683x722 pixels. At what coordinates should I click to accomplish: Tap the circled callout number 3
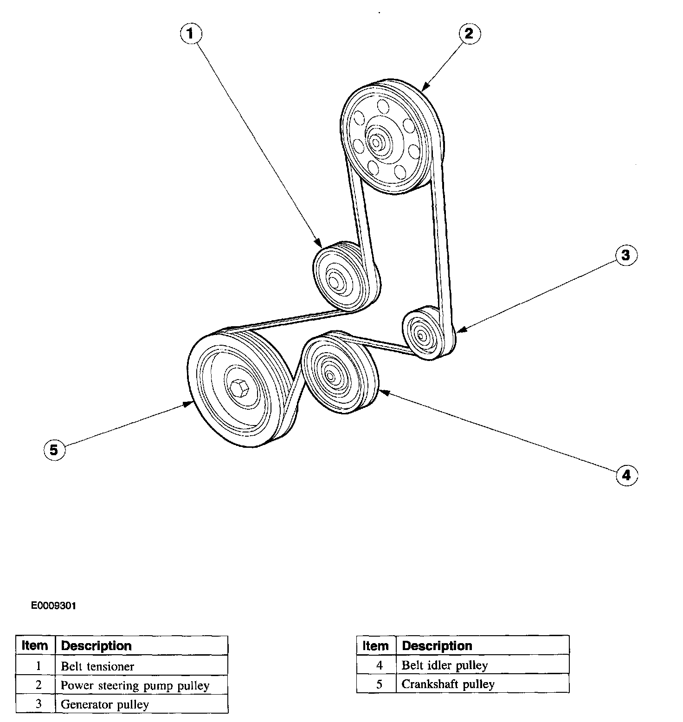click(x=626, y=255)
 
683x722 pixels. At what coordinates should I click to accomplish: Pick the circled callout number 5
click(x=54, y=450)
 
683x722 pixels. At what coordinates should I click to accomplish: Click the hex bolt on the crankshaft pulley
click(x=239, y=386)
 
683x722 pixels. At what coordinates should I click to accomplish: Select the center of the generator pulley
click(x=421, y=334)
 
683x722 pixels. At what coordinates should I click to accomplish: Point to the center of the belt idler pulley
click(x=329, y=375)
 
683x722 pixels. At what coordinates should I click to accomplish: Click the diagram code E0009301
click(x=53, y=606)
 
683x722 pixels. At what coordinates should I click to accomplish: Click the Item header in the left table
click(x=35, y=645)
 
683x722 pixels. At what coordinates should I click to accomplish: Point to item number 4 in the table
click(x=379, y=665)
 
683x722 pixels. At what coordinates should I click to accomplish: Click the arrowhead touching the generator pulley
click(x=460, y=331)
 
